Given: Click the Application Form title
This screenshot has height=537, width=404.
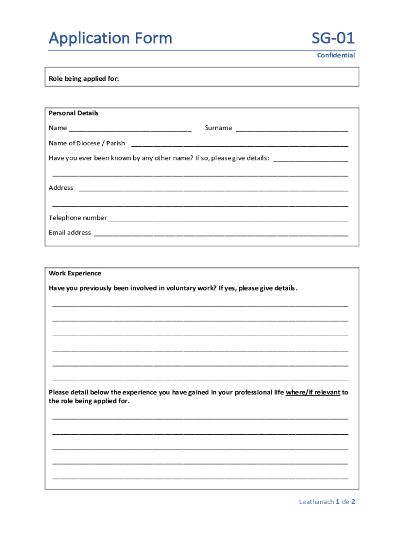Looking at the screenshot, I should (x=110, y=38).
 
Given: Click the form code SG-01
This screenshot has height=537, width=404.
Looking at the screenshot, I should (x=333, y=38).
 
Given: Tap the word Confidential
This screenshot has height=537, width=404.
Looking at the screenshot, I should (x=336, y=55).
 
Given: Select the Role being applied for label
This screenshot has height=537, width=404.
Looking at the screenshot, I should (x=84, y=79).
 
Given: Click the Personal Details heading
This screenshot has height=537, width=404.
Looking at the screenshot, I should (x=73, y=113).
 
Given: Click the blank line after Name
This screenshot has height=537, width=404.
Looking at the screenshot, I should (x=130, y=129).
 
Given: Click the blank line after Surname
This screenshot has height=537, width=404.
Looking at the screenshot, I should (x=292, y=129).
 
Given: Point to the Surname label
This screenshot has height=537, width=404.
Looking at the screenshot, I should (x=218, y=128).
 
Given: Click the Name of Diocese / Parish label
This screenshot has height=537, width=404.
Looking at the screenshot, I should (x=87, y=143).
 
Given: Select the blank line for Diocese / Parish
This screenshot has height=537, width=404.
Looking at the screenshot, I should (x=239, y=144).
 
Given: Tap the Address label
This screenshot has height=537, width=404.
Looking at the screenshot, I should (x=61, y=188).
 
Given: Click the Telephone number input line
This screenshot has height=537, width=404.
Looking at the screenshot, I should (x=228, y=219).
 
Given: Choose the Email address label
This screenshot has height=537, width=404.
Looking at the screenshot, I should (x=70, y=233).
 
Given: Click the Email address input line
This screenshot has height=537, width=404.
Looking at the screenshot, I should (x=220, y=234).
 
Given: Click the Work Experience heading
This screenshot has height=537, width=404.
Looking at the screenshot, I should (x=75, y=273).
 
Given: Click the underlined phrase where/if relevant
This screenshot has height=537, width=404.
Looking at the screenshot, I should (x=313, y=392).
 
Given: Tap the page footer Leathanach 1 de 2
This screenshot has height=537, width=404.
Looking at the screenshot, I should (x=327, y=502).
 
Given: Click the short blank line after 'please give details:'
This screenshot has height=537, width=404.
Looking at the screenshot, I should (x=311, y=159).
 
